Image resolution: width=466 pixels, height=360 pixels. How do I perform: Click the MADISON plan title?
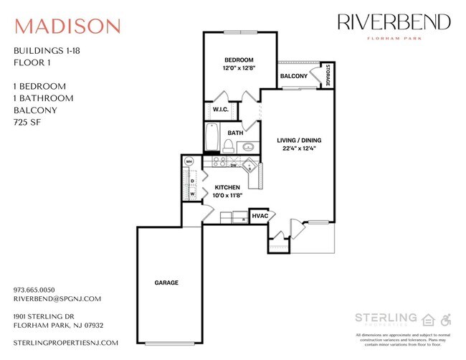click(x=67, y=26)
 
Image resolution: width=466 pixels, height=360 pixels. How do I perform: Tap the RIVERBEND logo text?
click(x=394, y=22)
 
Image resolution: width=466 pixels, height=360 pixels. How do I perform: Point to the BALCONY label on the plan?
click(x=294, y=76)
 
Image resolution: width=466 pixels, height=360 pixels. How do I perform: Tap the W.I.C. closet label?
click(x=220, y=110)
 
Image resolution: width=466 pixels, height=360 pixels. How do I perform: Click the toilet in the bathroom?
click(x=227, y=146)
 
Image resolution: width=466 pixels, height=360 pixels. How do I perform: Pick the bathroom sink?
click(x=247, y=147)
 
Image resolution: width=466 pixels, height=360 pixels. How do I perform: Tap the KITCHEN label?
click(x=227, y=187)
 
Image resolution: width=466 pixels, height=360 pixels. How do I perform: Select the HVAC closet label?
click(x=259, y=216)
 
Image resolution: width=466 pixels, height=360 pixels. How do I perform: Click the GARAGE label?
click(x=166, y=283)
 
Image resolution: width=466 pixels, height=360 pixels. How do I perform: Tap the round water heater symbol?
click(x=189, y=161)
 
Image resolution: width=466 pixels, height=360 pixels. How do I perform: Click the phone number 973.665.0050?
click(x=39, y=290)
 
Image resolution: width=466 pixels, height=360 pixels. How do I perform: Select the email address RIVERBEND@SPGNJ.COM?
click(x=57, y=299)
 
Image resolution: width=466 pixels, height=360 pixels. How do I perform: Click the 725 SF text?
click(x=27, y=123)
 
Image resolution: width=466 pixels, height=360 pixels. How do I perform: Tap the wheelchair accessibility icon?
click(x=445, y=319)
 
